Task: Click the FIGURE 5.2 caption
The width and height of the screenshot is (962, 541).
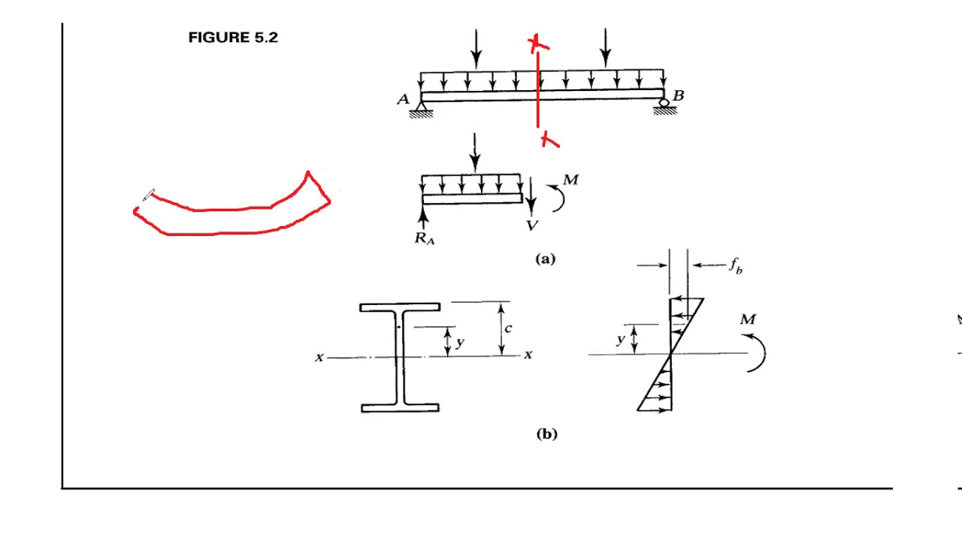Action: coord(233,38)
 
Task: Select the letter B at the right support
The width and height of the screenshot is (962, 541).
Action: coord(679,95)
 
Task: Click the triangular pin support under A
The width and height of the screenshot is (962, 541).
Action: coord(421,108)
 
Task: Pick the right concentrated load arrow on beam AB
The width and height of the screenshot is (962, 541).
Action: coord(606,48)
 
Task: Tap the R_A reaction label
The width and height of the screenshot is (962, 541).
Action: coord(425,239)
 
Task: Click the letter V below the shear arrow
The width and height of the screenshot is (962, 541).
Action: coord(532,225)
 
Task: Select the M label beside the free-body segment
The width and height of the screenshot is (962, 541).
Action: coord(570,180)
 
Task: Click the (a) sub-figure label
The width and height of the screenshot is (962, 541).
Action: coord(545,259)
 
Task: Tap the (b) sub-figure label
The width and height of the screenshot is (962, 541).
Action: coord(546,434)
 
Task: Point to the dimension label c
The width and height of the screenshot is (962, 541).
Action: coord(509,328)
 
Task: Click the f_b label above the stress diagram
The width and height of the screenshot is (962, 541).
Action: coord(736,266)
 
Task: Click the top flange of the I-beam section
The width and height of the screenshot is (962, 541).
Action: coord(400,307)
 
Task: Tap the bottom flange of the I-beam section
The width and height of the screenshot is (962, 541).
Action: coord(400,408)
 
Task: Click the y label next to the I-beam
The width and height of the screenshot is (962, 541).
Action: coord(460,343)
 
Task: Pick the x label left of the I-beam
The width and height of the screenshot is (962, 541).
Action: coord(319,358)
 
